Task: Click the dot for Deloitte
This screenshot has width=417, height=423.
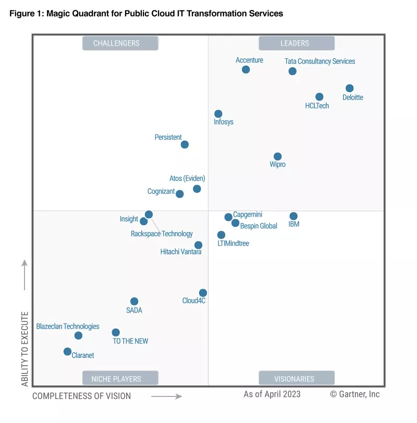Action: [349, 89]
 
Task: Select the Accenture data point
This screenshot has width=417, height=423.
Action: [246, 70]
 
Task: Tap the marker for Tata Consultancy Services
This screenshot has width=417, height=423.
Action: [292, 71]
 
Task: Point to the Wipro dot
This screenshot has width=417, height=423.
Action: [278, 157]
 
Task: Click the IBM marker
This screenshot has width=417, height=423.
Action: [293, 216]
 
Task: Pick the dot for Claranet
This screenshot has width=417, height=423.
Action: [67, 352]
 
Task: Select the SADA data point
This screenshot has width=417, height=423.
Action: [134, 302]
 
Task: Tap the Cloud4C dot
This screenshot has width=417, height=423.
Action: [203, 293]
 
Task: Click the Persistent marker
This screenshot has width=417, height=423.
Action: [185, 145]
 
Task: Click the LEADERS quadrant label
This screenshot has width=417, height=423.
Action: [295, 43]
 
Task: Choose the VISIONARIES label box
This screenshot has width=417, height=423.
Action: [295, 379]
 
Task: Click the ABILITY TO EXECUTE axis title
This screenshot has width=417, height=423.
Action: [24, 349]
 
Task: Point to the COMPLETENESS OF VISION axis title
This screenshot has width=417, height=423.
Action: [81, 396]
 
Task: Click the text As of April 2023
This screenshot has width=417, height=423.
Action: [272, 394]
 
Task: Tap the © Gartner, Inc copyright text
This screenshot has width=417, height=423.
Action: [354, 394]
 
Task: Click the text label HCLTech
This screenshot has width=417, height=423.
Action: [317, 106]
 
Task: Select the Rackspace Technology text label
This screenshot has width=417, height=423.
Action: [162, 234]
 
